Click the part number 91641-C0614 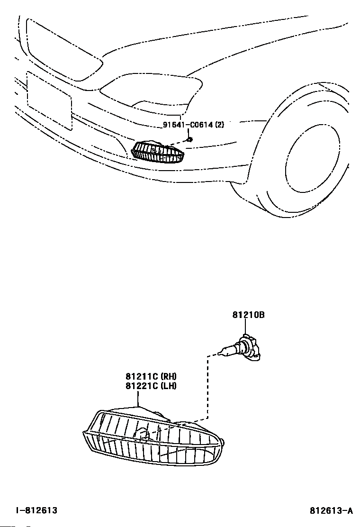pos(188,125)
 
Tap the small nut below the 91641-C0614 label pos(189,139)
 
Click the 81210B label pos(249,315)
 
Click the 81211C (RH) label pos(151,376)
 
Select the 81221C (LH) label pos(151,386)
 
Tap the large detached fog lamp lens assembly pos(153,437)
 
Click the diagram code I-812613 pos(37,510)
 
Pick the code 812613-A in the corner pos(331,511)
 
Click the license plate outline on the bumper pos(49,100)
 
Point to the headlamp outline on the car pos(151,91)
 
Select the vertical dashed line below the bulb pos(208,387)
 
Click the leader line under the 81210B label pos(245,326)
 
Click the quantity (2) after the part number pos(219,125)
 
